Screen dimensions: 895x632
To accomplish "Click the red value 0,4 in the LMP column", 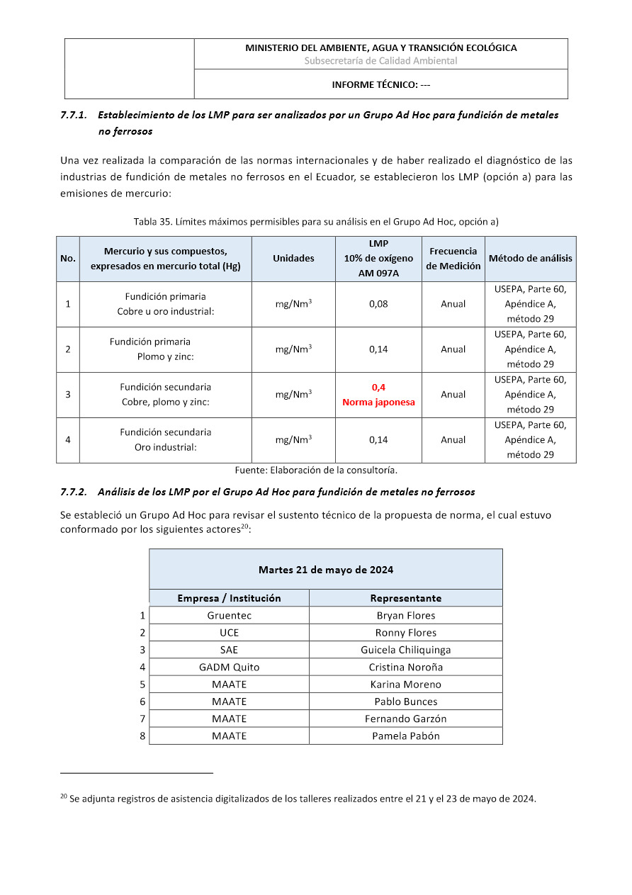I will (378, 388).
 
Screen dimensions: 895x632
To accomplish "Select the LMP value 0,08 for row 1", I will (378, 304).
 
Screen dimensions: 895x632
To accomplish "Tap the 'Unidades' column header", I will (293, 259).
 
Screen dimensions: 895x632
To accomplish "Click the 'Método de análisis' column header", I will (530, 259).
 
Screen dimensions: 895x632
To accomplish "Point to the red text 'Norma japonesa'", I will (378, 403).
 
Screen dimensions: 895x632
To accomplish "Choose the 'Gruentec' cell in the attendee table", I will (229, 616).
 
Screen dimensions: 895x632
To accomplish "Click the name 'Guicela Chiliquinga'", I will (405, 650).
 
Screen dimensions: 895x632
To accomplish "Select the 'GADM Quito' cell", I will (229, 668).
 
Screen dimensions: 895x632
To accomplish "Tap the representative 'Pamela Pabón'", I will (405, 736).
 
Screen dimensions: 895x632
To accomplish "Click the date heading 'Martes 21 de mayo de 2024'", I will (326, 570).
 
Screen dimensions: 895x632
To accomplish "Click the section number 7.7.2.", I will (73, 492).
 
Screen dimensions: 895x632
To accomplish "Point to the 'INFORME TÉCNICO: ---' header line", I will (381, 85).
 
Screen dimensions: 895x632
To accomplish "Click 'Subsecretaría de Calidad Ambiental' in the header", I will (380, 61).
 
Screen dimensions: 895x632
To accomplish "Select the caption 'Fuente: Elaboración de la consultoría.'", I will (316, 470).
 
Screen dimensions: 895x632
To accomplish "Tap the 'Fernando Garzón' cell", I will (405, 719).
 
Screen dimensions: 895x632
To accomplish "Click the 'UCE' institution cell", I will (229, 633).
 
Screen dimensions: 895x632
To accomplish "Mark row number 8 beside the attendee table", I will (142, 736).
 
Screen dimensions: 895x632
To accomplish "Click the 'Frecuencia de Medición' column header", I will (453, 259).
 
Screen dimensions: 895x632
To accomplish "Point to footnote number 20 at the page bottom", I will (63, 797).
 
